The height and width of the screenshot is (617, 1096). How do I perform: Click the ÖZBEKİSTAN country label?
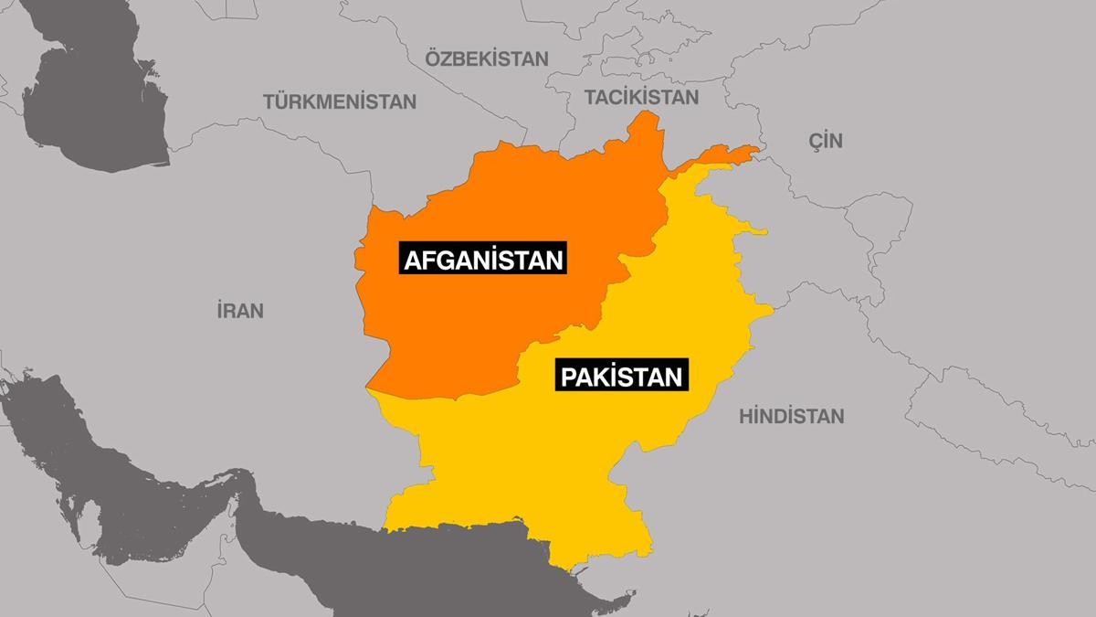coord(487,59)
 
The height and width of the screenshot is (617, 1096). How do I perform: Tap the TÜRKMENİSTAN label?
coord(340,101)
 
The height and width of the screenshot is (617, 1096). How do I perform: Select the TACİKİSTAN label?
coord(641,97)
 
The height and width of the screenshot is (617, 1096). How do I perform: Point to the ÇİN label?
coord(826,141)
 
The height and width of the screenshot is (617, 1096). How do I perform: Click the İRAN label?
coord(240,311)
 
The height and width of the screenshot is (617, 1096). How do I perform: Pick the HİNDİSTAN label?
coord(791,417)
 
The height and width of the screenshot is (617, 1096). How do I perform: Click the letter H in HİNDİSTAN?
coord(745,417)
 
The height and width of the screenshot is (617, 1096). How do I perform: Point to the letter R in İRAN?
coord(231,311)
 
